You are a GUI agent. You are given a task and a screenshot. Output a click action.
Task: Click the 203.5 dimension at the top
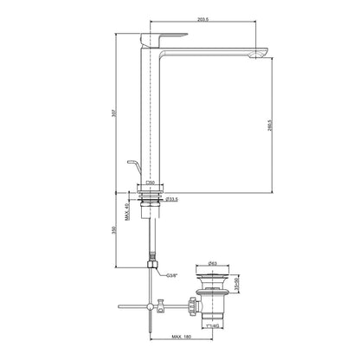(x=202, y=18)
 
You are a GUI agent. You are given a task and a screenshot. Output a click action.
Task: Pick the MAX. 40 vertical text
(x=128, y=208)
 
